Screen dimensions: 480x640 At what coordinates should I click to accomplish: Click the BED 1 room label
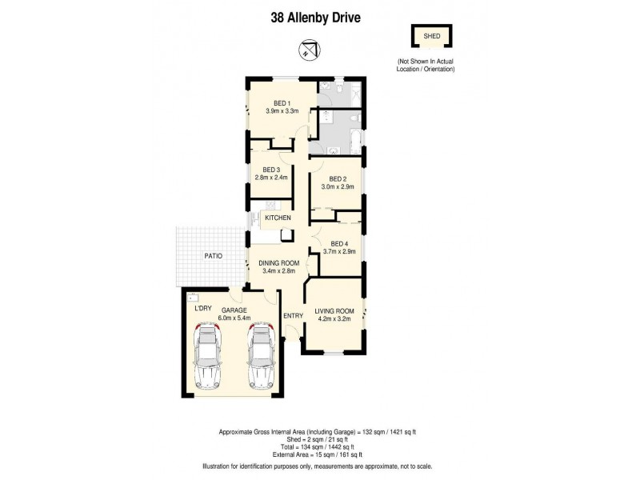point(282,102)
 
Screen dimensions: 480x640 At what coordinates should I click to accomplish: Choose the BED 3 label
point(266,169)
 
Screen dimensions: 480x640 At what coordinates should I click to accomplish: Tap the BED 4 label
point(338,243)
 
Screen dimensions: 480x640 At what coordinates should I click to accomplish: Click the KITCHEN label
point(278,218)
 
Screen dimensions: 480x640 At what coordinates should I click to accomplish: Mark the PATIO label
point(212,256)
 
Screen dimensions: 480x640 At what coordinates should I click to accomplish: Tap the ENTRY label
point(294,316)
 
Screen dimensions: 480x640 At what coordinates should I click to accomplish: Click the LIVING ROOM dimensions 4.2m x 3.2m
point(334,319)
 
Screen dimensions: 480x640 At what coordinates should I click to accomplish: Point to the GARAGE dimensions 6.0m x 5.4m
point(234,318)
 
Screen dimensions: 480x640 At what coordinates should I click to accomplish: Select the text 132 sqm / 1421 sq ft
point(389,432)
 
